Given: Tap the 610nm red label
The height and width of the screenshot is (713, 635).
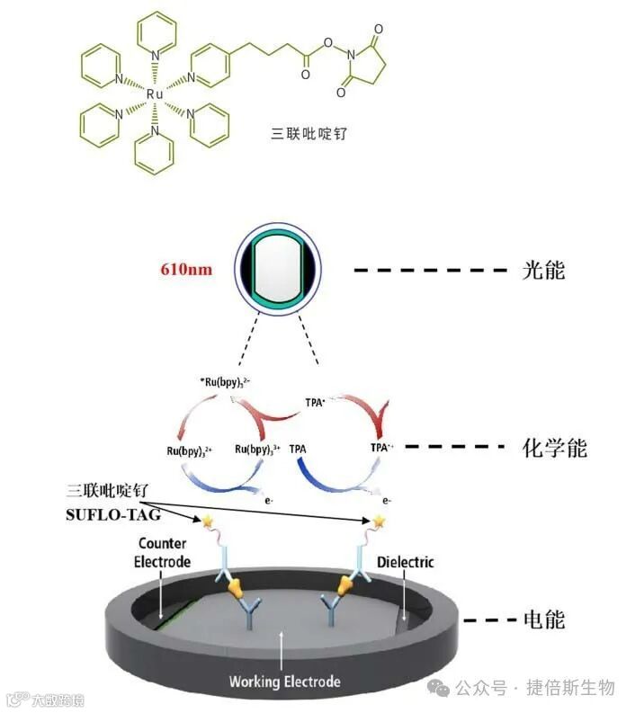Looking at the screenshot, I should pyautogui.click(x=187, y=269).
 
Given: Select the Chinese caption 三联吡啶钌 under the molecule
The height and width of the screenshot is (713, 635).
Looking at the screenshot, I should pyautogui.click(x=310, y=133).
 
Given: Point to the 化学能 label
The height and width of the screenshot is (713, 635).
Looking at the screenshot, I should pyautogui.click(x=554, y=447).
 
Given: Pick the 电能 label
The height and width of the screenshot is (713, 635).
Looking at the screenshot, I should pyautogui.click(x=543, y=619).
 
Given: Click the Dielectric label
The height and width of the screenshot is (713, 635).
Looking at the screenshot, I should pyautogui.click(x=406, y=562).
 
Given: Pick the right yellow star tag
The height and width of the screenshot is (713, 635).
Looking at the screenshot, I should pyautogui.click(x=380, y=521).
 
